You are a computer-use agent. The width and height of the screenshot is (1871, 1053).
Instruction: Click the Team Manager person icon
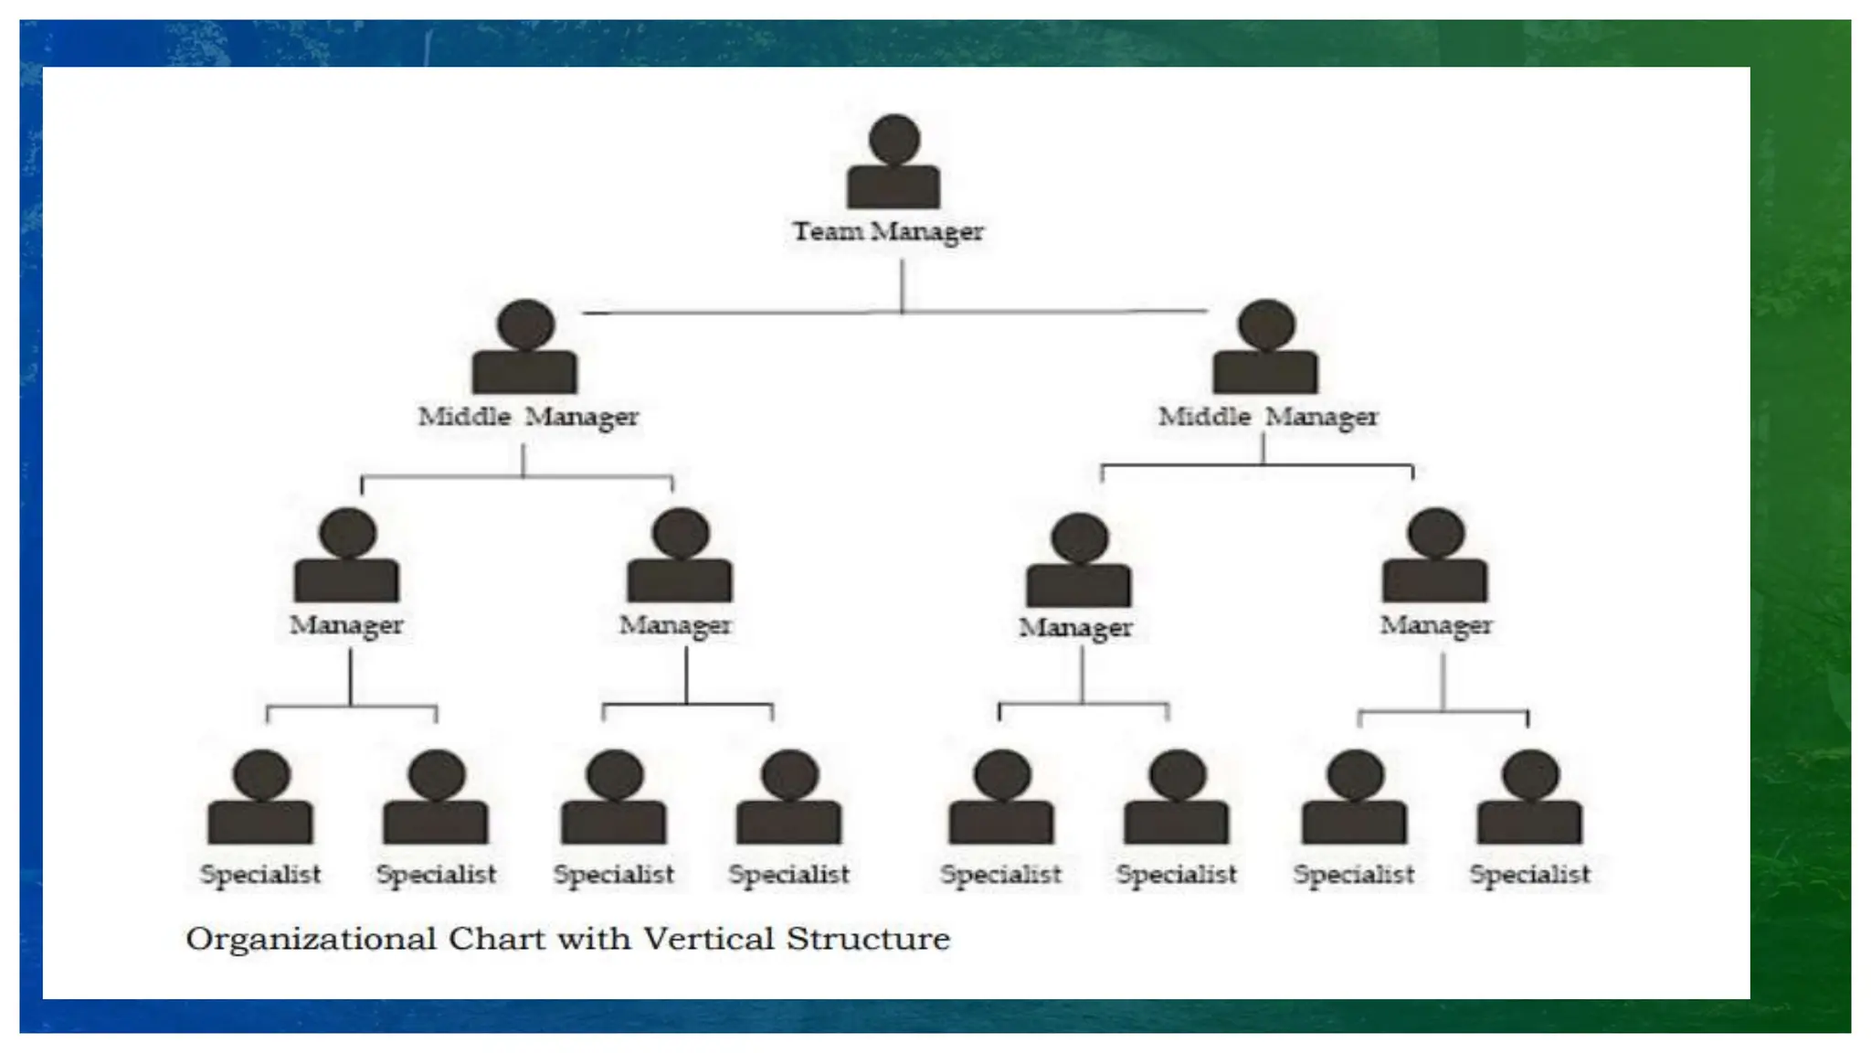point(893,165)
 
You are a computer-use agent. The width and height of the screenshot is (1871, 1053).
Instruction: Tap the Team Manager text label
point(888,232)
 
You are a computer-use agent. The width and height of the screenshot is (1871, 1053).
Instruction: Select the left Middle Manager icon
point(525,350)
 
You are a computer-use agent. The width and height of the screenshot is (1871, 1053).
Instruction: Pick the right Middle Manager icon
point(1265,350)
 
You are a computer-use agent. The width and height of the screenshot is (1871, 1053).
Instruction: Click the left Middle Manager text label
point(528,417)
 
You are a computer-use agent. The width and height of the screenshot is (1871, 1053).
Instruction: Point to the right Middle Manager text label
point(1268,417)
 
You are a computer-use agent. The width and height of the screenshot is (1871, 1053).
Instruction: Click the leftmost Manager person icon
point(347,558)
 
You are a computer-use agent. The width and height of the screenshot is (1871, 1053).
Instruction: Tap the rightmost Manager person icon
point(1435,558)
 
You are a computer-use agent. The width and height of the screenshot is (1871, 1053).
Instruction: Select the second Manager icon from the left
point(680,558)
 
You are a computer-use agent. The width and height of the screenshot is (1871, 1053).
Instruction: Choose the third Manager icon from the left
point(1079,563)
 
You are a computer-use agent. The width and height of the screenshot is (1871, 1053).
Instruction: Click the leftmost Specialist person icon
point(261,800)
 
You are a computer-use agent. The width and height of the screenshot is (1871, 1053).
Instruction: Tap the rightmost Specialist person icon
point(1530,800)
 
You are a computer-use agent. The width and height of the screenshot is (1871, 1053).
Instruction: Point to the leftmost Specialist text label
point(261,875)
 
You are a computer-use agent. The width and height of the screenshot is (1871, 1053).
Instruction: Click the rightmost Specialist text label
point(1530,875)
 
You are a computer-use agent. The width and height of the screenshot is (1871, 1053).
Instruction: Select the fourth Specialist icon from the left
point(789,800)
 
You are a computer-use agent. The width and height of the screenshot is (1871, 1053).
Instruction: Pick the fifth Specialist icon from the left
point(1002,800)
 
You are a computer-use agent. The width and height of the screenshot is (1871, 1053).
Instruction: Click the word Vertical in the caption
point(709,939)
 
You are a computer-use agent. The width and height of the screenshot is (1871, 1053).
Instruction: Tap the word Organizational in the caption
point(311,940)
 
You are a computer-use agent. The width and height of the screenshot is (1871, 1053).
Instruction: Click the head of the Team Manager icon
point(894,139)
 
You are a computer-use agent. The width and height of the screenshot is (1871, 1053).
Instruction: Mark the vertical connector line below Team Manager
point(903,285)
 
